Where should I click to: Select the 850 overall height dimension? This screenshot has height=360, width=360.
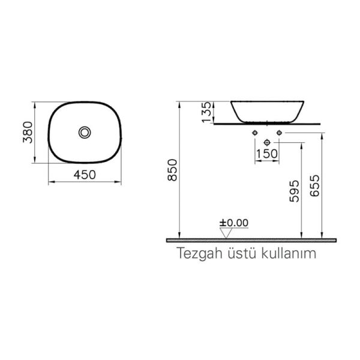172,171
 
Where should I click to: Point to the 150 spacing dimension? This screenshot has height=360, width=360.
266,154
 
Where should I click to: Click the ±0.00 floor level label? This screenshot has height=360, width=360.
233,223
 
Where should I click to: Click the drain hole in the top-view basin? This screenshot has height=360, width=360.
85,131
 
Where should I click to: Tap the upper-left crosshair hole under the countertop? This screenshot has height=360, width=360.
256,131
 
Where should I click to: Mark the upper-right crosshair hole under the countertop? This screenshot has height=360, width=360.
279,131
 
